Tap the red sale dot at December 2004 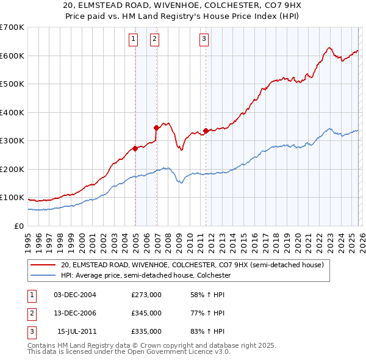click(x=135, y=148)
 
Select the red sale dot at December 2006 click(x=156, y=128)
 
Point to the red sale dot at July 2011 click(x=206, y=131)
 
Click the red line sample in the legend click(x=43, y=265)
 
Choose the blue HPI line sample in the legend click(x=43, y=275)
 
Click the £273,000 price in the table click(x=146, y=295)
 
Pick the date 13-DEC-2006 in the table click(x=75, y=313)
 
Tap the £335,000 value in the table click(x=146, y=331)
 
